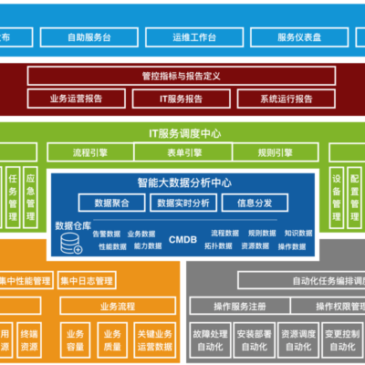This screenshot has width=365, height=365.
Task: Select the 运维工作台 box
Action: tap(193, 37)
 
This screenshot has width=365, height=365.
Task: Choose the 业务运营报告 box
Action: tap(79, 98)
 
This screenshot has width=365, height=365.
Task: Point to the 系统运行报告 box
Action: tap(287, 98)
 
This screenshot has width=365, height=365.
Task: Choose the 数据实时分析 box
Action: tap(182, 202)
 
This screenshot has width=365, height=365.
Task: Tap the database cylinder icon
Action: tap(70, 244)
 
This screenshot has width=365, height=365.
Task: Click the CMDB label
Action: tap(182, 239)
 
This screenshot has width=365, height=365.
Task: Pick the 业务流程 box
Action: tap(117, 305)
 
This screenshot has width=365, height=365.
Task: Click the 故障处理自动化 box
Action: tap(209, 339)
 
